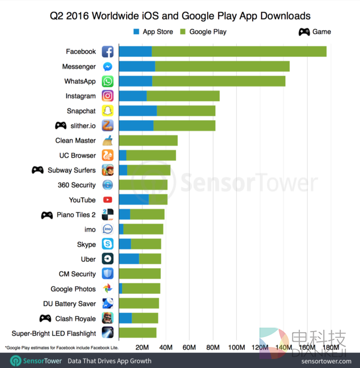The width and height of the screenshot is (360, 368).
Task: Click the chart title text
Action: pyautogui.click(x=180, y=15)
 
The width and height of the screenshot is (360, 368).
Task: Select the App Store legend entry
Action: pyautogui.click(x=154, y=31)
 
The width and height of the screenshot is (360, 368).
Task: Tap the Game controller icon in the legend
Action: pyautogui.click(x=304, y=31)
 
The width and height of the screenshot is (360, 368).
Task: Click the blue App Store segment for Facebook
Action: pyautogui.click(x=135, y=52)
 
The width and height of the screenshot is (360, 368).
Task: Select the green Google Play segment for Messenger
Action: pyautogui.click(x=222, y=66)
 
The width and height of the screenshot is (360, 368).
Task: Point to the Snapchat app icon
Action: pyautogui.click(x=107, y=111)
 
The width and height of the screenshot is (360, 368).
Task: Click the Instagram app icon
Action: pyautogui.click(x=107, y=96)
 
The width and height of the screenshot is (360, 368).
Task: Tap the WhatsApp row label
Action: pyautogui.click(x=80, y=81)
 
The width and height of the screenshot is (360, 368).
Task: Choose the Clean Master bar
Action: pyautogui.click(x=148, y=140)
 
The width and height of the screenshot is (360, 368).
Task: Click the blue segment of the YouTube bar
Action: pyautogui.click(x=134, y=199)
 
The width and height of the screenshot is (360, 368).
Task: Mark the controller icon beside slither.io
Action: pyautogui.click(x=60, y=126)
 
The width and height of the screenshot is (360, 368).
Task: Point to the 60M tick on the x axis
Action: pyautogui.click(x=190, y=347)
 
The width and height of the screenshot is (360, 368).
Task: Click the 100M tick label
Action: pyautogui.click(x=237, y=347)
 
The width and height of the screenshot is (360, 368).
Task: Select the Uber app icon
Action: pyautogui.click(x=107, y=258)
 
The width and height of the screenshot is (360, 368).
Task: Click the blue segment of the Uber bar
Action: pyautogui.click(x=129, y=258)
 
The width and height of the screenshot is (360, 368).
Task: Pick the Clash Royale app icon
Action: pyautogui.click(x=107, y=318)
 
